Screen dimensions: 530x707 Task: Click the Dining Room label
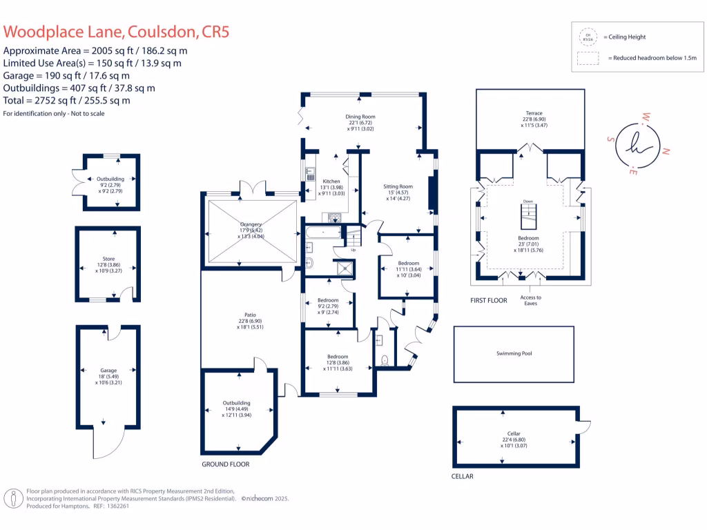coord(360,117)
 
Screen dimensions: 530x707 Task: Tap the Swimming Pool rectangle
coord(514,353)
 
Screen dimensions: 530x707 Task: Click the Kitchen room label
coord(331,181)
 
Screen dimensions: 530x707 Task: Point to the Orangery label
coord(251,224)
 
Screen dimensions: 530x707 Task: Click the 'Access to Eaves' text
coord(531,300)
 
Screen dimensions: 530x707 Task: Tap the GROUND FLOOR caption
coord(225,464)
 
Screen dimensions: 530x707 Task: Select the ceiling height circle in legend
coord(588,37)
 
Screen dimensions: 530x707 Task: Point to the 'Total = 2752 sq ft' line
coord(66,100)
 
